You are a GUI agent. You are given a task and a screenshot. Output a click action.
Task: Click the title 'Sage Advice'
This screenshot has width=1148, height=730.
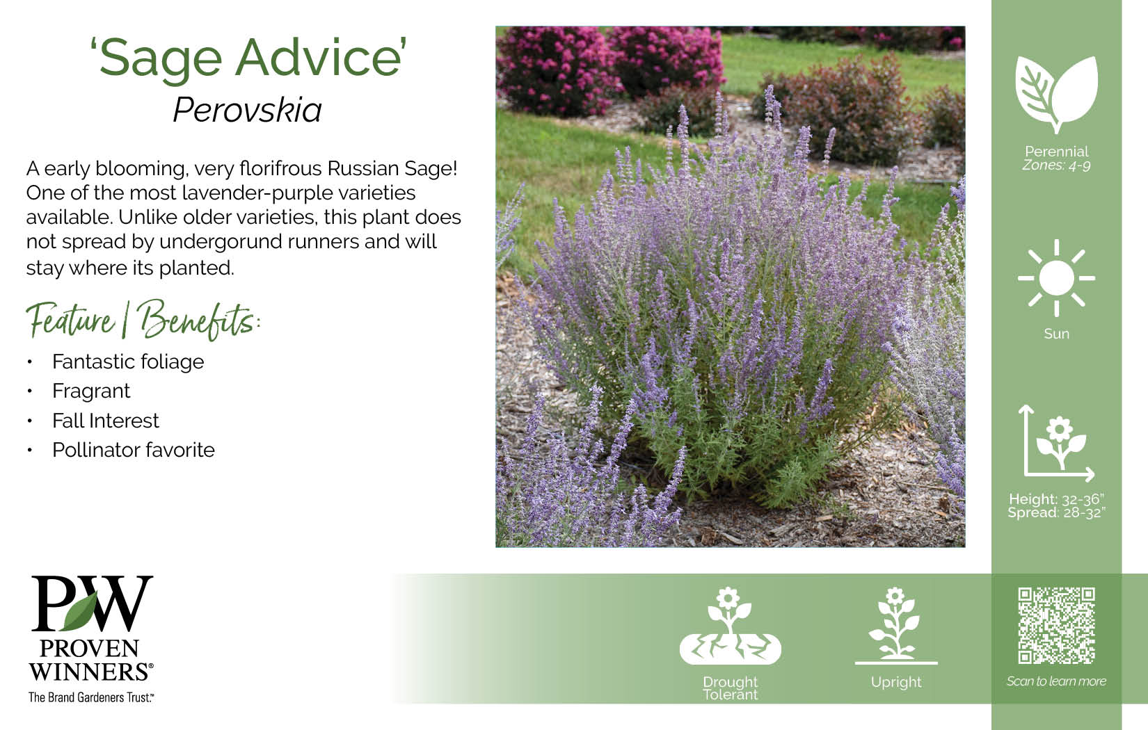point(248,59)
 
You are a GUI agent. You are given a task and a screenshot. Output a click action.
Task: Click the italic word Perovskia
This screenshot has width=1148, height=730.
point(248,110)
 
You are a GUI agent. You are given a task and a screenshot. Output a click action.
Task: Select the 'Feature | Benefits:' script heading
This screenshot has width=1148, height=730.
point(143,321)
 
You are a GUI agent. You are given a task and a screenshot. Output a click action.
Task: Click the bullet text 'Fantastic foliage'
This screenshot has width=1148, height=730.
point(128,362)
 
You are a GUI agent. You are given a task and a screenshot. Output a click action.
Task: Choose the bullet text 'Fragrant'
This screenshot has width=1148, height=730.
point(91,391)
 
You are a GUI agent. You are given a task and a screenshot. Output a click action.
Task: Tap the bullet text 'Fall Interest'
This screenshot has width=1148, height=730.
point(106,421)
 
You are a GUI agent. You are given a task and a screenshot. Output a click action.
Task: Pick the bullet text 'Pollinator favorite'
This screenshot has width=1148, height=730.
point(134,450)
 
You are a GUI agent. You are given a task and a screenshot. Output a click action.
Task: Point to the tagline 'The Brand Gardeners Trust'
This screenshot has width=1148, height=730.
point(90,697)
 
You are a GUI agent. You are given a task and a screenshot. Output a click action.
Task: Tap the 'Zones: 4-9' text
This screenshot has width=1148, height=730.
point(1056,165)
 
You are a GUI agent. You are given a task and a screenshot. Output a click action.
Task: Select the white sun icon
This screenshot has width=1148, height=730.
point(1056,278)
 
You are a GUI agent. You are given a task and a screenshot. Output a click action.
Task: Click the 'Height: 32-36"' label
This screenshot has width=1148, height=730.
point(1056,499)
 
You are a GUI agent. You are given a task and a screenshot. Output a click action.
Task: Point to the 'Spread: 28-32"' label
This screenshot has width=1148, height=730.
point(1056,513)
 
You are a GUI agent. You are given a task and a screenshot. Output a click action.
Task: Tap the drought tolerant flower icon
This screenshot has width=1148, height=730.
point(730,626)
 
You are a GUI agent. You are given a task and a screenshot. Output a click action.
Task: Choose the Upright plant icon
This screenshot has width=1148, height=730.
point(896,626)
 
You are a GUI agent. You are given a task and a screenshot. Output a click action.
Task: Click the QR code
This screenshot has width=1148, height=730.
point(1056,626)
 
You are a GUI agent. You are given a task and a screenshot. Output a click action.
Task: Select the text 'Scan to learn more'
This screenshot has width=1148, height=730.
point(1056,681)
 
